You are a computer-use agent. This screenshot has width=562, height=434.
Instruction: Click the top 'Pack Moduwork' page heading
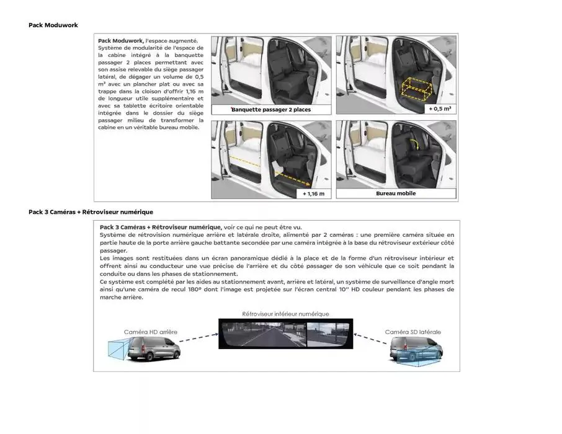coord(53,25)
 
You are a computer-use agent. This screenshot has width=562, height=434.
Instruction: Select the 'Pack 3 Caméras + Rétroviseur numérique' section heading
coord(91,212)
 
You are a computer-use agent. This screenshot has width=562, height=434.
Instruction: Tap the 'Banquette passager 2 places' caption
coord(270,110)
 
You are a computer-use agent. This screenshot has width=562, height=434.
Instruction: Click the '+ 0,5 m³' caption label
coord(439,108)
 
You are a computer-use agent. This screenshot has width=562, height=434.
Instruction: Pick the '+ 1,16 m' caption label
coord(314,193)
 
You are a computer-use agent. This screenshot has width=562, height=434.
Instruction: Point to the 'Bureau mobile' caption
coord(396,193)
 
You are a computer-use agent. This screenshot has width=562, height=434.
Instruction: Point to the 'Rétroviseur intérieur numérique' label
coord(285,314)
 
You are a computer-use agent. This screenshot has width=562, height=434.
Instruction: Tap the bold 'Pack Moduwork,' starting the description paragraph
coord(120,40)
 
